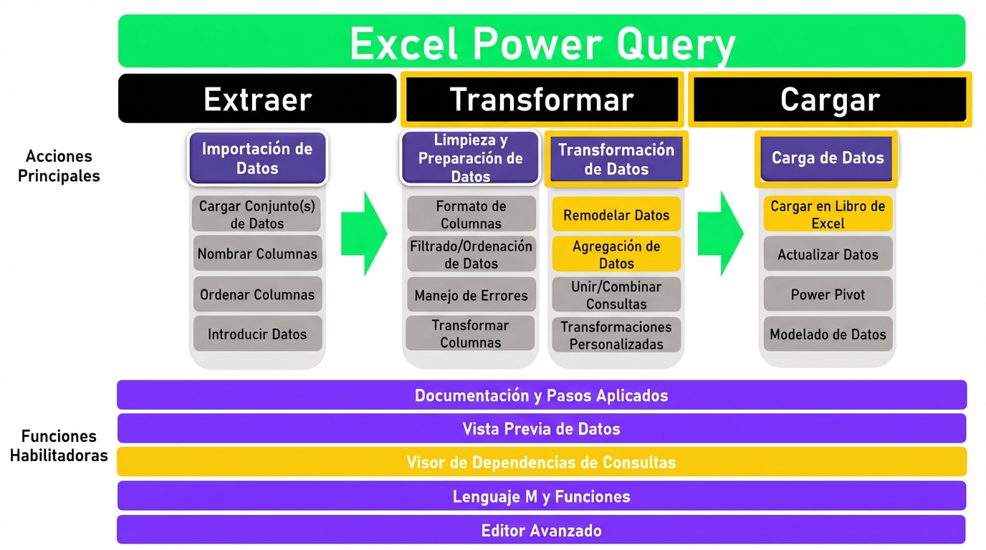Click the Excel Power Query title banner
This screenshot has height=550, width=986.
tap(541, 42)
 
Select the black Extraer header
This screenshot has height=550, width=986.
tap(257, 99)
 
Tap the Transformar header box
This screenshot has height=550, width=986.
tap(541, 99)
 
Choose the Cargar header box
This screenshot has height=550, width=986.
tap(829, 99)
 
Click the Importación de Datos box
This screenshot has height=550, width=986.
tap(257, 158)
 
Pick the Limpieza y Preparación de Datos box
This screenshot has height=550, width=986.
tap(470, 158)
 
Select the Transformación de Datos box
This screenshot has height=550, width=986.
tap(616, 159)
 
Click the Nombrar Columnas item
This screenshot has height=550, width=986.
tap(257, 254)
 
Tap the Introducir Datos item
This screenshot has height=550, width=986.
tap(257, 334)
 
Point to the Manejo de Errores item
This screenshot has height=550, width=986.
tap(471, 295)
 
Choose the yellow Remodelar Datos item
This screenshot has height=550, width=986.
tap(616, 215)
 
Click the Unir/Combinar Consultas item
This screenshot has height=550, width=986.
tap(616, 295)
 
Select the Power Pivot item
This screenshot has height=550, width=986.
tap(828, 294)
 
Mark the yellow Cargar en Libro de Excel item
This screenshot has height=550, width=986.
tap(828, 214)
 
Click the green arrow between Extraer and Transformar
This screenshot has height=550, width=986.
tap(363, 233)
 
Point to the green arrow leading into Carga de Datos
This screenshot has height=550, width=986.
tap(720, 233)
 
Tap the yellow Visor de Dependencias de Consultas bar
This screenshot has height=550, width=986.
tap(541, 463)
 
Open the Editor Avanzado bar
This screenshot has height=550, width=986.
tap(541, 531)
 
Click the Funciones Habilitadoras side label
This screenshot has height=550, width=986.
tap(59, 445)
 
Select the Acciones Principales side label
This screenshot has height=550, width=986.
tap(59, 165)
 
